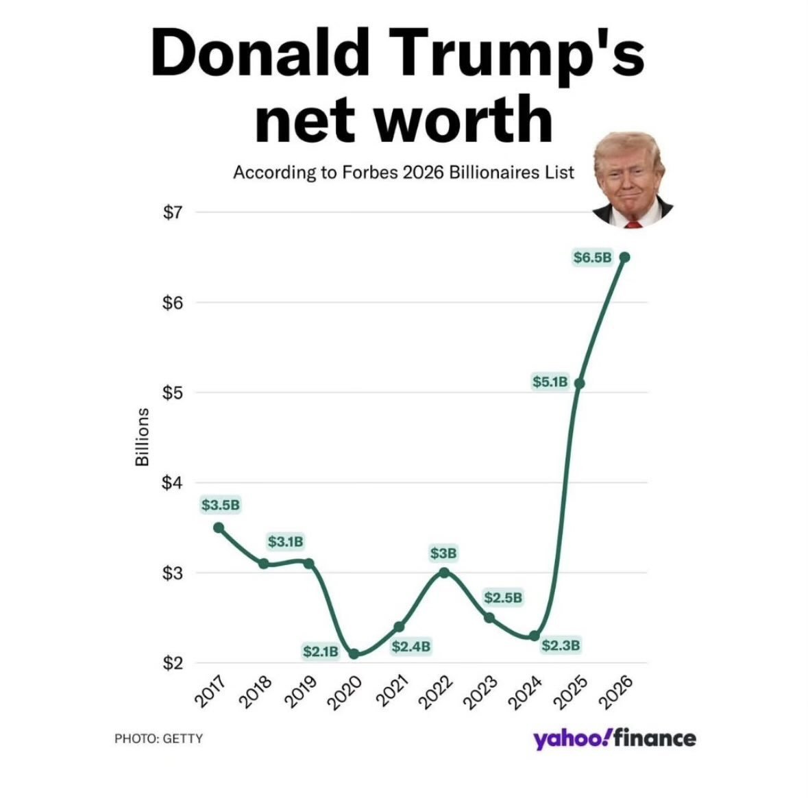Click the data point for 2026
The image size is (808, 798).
coord(624,257)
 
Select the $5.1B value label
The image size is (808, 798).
coord(550,382)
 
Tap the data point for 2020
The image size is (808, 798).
coord(354,654)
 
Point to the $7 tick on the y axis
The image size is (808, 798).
coord(173,212)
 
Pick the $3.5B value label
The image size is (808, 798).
coord(221,506)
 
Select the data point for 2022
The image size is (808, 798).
coord(444,573)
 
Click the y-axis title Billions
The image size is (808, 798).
coord(142,437)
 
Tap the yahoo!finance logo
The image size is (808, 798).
coord(615,738)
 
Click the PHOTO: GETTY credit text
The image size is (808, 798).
coord(158,738)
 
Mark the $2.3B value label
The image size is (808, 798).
coord(561,645)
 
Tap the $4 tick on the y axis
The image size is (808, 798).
coord(173,483)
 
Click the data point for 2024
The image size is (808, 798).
coord(534,636)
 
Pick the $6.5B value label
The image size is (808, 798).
coord(592,258)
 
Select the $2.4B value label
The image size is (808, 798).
coord(411,646)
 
